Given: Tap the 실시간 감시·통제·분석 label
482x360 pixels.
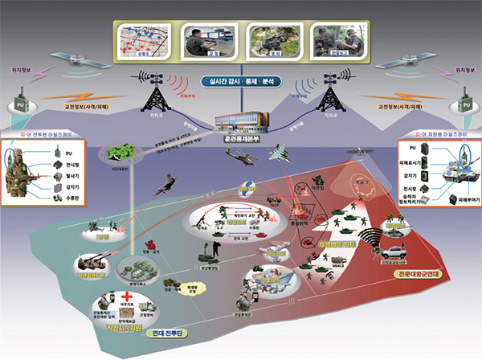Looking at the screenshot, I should (x=241, y=82).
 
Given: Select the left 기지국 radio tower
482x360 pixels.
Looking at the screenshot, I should (x=154, y=94).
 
